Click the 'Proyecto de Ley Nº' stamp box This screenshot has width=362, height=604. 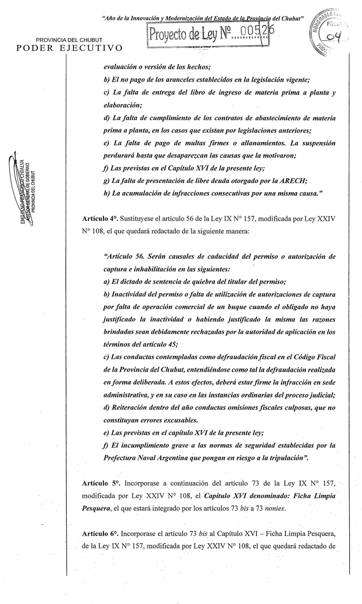[206, 34]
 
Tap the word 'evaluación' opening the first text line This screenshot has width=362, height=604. [122, 67]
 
